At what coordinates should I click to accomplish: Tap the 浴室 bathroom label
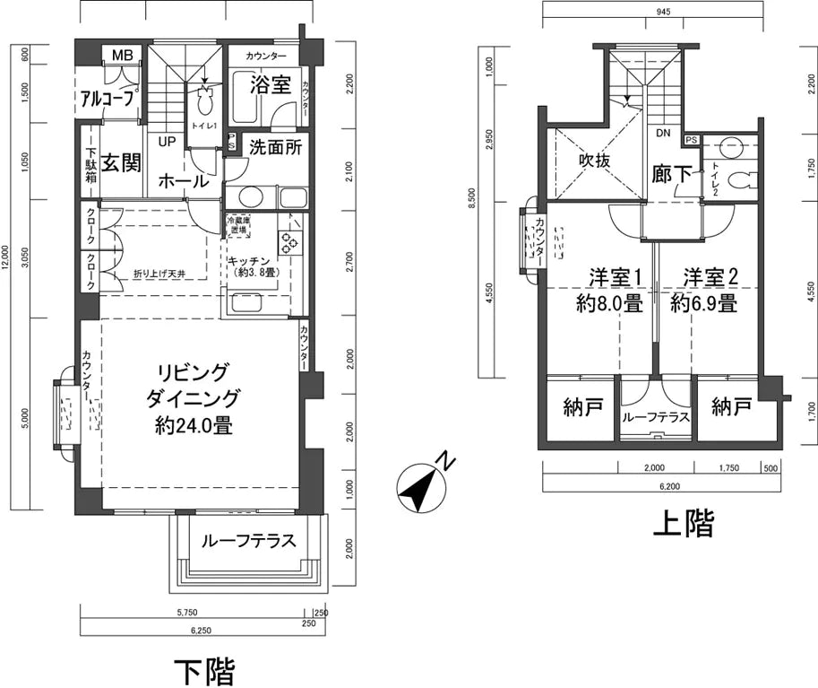(x=270, y=86)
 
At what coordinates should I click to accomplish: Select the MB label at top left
(x=123, y=56)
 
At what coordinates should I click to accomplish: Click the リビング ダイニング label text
(x=194, y=398)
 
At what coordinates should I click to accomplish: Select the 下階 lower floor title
(x=204, y=670)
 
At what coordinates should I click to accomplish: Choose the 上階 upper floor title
(x=684, y=523)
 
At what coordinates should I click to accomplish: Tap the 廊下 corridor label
(x=672, y=174)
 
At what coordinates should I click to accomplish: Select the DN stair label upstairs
(x=663, y=134)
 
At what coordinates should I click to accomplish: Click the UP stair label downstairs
(x=167, y=141)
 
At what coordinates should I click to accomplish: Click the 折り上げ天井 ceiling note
(x=160, y=273)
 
